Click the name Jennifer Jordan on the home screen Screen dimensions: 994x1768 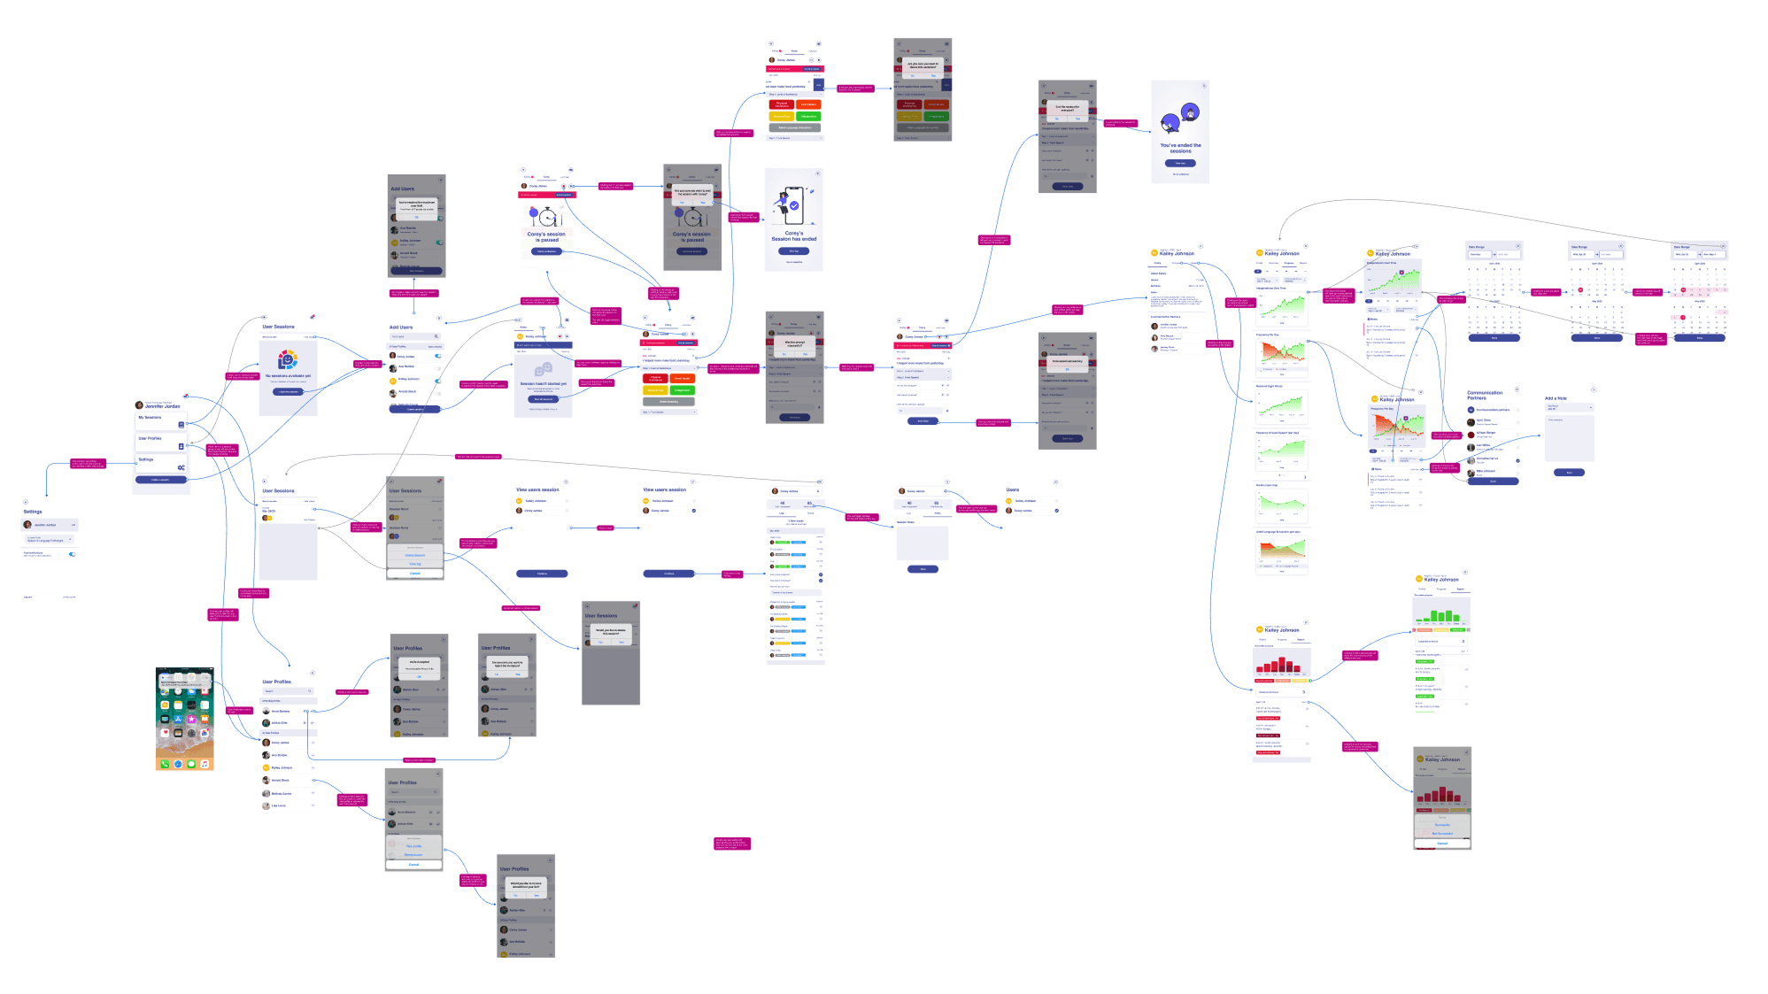162,406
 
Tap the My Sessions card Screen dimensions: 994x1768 161,420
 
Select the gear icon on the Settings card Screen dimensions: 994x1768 181,466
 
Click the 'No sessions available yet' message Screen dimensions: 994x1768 288,375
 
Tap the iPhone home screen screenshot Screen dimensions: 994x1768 184,719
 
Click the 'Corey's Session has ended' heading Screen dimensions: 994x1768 793,236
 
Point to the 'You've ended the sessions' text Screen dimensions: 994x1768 1180,148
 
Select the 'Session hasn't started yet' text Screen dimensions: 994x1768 543,383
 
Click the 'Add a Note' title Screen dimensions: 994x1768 1556,398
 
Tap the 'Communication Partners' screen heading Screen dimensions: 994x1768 1485,395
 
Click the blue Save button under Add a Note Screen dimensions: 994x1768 1569,473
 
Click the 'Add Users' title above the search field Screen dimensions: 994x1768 401,327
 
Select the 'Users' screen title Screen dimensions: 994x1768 1012,489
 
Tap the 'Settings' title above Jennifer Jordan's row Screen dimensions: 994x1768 33,512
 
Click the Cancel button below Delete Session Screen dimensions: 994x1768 415,574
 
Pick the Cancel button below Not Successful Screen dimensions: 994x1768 1442,843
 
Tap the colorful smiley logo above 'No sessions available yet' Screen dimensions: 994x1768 288,358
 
